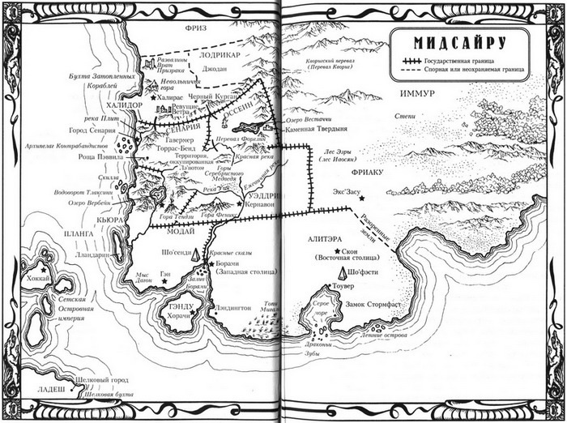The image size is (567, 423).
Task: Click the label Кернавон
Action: tap(261, 206)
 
